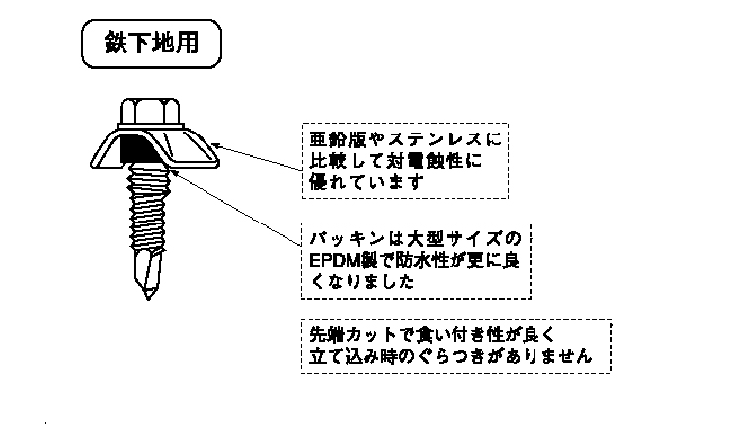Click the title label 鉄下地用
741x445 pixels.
[150, 44]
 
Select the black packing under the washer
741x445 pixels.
[132, 151]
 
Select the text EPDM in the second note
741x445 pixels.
[332, 260]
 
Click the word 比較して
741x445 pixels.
[353, 159]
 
